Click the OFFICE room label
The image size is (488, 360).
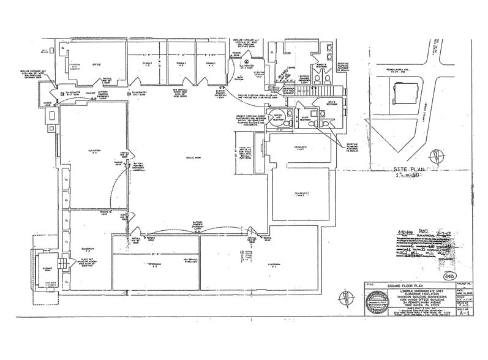pyautogui.click(x=96, y=63)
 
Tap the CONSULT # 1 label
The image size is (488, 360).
pyautogui.click(x=210, y=64)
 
